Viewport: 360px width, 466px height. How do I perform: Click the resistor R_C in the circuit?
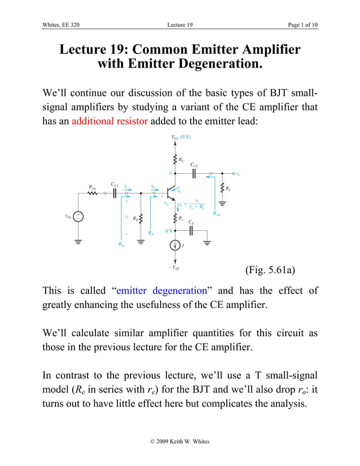[x=174, y=160]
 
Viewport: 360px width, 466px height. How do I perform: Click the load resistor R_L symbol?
[x=222, y=187]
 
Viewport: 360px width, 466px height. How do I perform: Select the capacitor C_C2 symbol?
[x=194, y=173]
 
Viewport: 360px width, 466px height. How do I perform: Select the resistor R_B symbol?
[x=141, y=218]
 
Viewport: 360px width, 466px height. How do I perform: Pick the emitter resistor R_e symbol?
[x=174, y=218]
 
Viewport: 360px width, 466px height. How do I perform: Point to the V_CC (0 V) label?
[x=181, y=137]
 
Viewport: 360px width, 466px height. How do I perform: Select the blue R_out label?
[x=217, y=213]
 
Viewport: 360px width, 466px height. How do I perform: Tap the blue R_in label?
[x=122, y=244]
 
